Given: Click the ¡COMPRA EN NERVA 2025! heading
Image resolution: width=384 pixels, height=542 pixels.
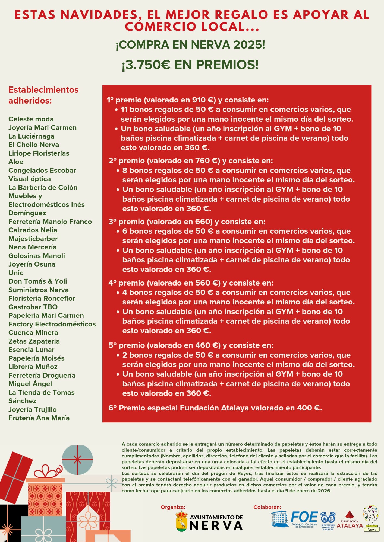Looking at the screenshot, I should click(190, 45).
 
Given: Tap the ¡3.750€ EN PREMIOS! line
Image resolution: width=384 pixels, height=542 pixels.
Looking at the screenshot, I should click(190, 65).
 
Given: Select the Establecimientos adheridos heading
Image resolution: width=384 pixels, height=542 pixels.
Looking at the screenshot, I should click(43, 95).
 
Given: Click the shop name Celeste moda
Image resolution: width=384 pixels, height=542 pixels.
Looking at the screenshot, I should click(31, 119).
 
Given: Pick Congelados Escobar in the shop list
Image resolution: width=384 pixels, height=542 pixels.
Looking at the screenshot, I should click(42, 170).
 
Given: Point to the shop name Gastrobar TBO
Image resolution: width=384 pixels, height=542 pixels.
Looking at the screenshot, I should click(33, 307).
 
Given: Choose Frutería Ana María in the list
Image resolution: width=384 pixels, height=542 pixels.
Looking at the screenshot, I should click(39, 418).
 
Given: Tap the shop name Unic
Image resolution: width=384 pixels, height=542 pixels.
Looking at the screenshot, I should click(16, 273).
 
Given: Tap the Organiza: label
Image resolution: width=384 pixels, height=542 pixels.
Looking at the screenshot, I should click(173, 507).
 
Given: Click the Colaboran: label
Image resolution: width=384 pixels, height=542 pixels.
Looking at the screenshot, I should click(267, 507).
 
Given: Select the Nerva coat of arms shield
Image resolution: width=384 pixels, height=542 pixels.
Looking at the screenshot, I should click(181, 521).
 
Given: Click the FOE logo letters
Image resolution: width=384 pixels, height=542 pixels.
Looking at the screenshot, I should click(304, 517).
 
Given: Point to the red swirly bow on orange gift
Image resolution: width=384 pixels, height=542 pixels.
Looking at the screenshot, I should click(48, 471).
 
